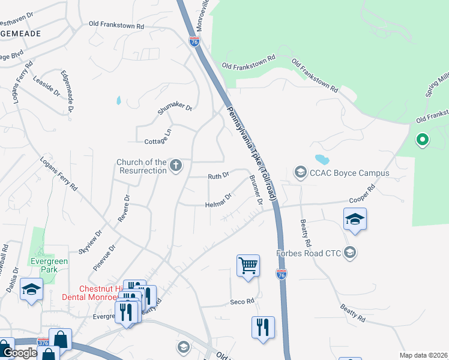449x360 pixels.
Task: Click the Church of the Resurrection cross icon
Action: point(176,166)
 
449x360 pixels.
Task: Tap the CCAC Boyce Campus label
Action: point(350,173)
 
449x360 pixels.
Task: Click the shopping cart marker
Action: point(248,265)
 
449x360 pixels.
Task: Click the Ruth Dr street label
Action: point(218,176)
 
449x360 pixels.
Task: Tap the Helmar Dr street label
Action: point(218,200)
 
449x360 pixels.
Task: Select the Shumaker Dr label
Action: point(175,109)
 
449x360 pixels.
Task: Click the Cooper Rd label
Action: point(363,196)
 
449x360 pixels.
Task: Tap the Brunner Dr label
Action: point(256,192)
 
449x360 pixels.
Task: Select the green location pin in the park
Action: point(422,140)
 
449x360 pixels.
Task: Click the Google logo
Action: point(20,353)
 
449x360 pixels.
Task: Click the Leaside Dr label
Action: point(46,85)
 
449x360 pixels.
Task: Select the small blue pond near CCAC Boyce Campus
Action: point(322,160)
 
